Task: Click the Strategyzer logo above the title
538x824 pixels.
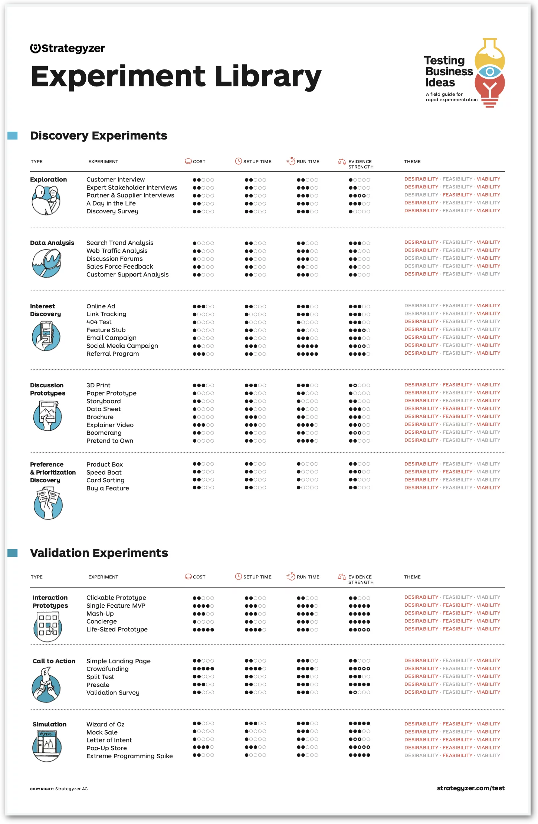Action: tap(68, 48)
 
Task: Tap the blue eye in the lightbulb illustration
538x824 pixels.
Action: tap(490, 72)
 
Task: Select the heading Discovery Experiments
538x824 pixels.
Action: tap(99, 136)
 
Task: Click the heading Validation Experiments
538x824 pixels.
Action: tap(99, 553)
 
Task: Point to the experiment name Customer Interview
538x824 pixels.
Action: tap(115, 180)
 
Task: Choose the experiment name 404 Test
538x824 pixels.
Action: tap(99, 322)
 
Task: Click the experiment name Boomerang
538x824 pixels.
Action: tap(104, 433)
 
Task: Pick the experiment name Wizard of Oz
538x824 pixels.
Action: tap(105, 724)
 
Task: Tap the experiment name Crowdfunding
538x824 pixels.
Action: tap(107, 669)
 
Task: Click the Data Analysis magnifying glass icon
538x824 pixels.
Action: tap(46, 263)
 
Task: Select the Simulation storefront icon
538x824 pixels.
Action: tap(46, 746)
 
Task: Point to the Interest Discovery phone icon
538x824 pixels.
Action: tap(46, 336)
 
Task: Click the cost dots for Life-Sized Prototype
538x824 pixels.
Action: tap(203, 630)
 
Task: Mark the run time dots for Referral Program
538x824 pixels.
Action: tap(307, 354)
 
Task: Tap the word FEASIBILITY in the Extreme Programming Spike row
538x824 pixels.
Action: tap(457, 755)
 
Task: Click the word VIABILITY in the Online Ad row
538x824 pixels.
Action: tap(488, 306)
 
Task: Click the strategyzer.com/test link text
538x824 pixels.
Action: tap(470, 788)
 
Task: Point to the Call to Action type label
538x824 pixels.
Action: tap(54, 661)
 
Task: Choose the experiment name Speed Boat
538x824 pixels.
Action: tap(104, 472)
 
